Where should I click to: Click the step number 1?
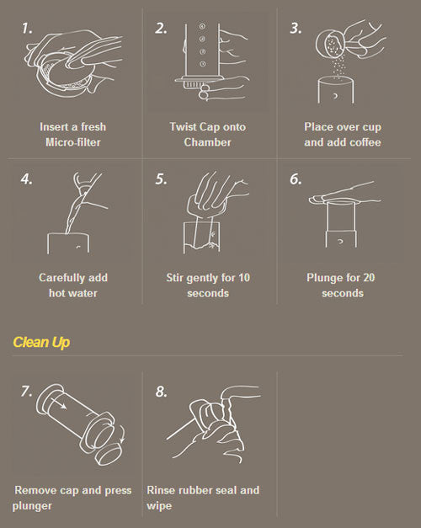click(x=27, y=29)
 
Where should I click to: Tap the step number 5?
click(x=161, y=179)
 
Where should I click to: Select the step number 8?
click(x=161, y=392)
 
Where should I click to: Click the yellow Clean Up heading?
click(x=41, y=342)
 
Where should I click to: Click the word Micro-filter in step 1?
click(x=73, y=142)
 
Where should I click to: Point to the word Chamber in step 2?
click(x=207, y=142)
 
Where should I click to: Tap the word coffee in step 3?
click(x=365, y=142)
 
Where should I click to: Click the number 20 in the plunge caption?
click(x=369, y=278)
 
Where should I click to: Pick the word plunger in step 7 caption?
click(x=32, y=506)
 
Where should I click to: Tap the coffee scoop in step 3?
click(x=330, y=43)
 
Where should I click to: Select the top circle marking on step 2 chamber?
click(x=202, y=26)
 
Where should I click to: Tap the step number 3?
click(x=296, y=29)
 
